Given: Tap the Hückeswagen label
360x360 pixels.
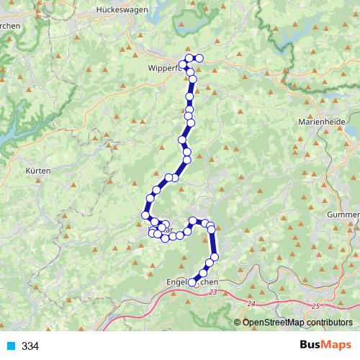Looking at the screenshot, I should pos(121,11).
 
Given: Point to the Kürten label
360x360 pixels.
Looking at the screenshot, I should pos(37,171).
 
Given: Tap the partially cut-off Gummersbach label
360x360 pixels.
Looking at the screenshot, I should pos(344,215).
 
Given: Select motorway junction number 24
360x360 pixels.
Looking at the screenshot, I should pos(250,305).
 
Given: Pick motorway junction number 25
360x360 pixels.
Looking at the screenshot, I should pos(315,306).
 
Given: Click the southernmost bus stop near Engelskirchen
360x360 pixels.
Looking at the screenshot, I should pos(192,283).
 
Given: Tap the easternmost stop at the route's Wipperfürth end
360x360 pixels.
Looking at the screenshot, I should pos(199,58).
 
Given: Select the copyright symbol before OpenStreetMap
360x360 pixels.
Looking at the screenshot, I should pos(238,322).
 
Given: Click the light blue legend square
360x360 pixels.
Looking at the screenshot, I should pos(10,346).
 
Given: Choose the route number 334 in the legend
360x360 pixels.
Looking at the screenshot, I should pos(30,346).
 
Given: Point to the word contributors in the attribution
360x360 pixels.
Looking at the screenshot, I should pos(328,322).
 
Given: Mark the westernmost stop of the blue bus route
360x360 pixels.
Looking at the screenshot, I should pos(146,215).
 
